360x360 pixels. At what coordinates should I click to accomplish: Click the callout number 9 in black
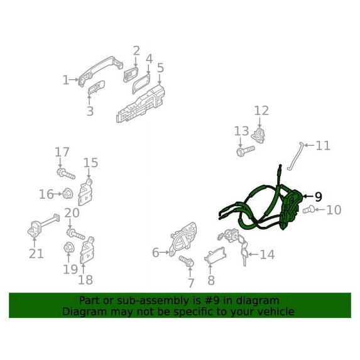pos(319,197)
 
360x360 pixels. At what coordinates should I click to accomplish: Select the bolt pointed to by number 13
pos(245,151)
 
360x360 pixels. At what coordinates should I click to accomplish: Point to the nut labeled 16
pos(68,194)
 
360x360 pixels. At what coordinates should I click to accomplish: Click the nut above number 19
pos(68,248)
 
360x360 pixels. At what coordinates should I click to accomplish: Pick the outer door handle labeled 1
pos(100,70)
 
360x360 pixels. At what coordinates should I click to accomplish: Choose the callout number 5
pos(160,68)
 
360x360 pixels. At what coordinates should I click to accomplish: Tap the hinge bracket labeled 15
pos(85,192)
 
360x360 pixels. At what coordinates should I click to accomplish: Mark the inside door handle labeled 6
pos(183,239)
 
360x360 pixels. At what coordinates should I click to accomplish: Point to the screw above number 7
pos(187,261)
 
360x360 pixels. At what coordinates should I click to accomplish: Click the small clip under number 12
pos(259,136)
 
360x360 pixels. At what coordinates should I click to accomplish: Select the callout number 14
pos(267,255)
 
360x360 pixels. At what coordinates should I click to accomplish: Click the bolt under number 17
pos(66,173)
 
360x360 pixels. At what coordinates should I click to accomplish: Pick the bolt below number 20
pos(76,234)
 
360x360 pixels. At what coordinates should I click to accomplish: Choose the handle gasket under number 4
pos(141,84)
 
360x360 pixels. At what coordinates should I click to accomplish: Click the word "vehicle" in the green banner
pos(277,312)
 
